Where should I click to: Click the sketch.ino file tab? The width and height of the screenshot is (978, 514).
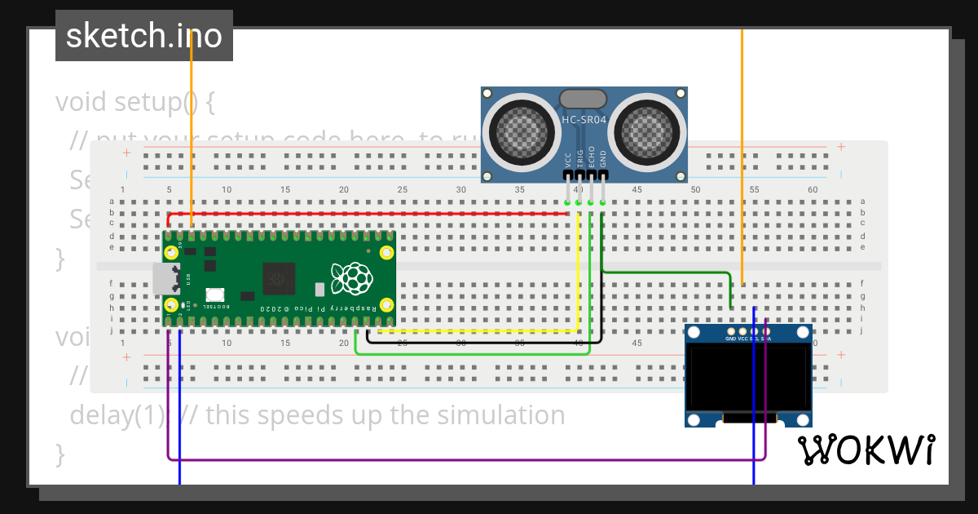tap(144, 36)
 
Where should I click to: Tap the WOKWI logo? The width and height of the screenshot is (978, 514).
tap(866, 450)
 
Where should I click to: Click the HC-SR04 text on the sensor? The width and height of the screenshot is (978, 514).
tap(584, 120)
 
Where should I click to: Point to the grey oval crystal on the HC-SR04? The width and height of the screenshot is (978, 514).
tap(583, 99)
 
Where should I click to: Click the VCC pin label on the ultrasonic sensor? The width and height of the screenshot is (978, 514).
tap(567, 158)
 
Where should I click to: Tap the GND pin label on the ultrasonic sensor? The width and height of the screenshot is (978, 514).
tap(603, 158)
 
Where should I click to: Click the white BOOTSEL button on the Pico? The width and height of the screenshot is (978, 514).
tap(215, 295)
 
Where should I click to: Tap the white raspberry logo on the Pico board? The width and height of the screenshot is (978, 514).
tap(352, 278)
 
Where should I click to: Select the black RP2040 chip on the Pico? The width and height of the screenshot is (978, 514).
tap(280, 278)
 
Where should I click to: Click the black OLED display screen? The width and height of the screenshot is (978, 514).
tap(748, 378)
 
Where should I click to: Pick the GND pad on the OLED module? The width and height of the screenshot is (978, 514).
tap(730, 332)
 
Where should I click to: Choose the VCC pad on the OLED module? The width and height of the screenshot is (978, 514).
tap(742, 332)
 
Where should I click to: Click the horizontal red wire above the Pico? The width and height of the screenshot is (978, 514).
tap(367, 214)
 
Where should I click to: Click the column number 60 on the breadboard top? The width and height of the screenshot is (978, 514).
tap(813, 190)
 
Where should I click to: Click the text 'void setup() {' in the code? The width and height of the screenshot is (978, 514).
tap(135, 103)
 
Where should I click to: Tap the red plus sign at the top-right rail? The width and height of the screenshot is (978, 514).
tap(840, 148)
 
